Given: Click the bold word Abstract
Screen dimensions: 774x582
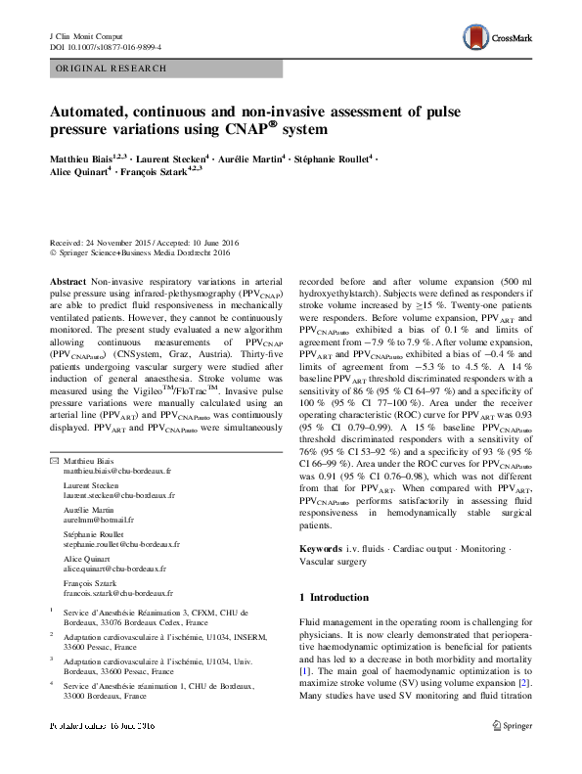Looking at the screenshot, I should (67, 280).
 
